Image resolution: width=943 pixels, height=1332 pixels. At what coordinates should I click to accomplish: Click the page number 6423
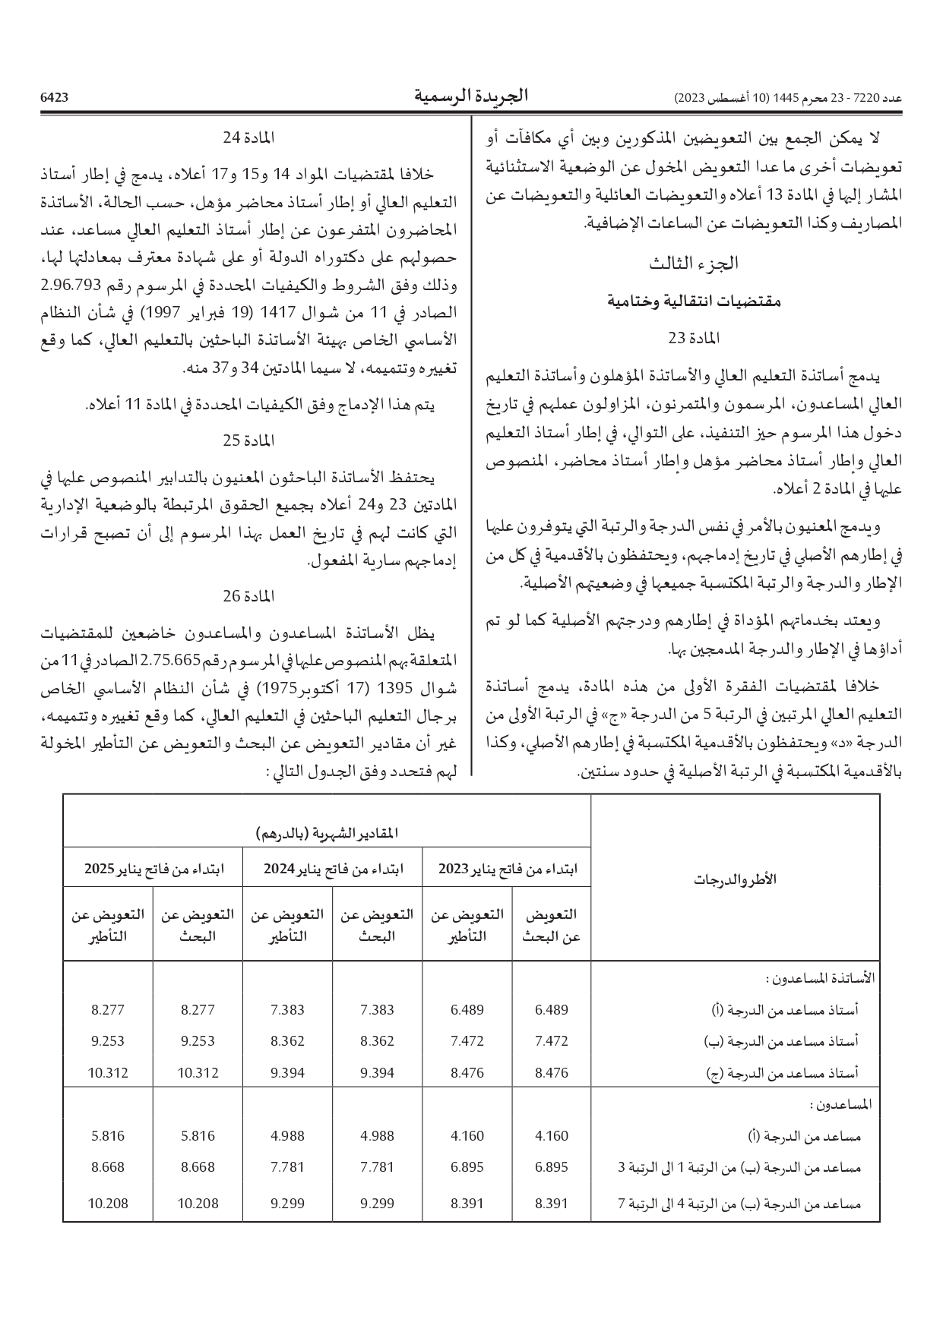(54, 98)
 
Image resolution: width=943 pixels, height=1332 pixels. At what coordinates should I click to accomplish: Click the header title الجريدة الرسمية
(471, 96)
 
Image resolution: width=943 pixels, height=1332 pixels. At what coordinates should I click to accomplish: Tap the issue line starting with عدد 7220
(788, 99)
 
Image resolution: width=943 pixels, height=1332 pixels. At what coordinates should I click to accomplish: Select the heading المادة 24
(248, 138)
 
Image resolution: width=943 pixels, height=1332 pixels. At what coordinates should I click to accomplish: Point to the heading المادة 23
(693, 337)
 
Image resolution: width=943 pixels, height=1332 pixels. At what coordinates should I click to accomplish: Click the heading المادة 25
(248, 440)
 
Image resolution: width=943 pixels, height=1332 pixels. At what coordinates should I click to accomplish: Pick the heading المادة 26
(248, 596)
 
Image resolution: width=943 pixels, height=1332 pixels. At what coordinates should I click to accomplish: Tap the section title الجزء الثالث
(693, 264)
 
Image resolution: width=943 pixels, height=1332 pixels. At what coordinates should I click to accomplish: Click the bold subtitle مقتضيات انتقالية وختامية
(693, 301)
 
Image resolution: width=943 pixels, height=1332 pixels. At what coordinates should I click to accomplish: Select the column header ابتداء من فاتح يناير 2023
(507, 869)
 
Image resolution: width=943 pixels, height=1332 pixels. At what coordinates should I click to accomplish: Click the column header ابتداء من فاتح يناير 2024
(333, 869)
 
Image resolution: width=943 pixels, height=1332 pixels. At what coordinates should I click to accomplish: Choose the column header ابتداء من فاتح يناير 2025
(153, 869)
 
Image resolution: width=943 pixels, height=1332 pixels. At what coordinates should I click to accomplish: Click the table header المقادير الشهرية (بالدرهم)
(327, 833)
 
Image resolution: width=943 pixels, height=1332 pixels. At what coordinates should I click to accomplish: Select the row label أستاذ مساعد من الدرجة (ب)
(790, 1041)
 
